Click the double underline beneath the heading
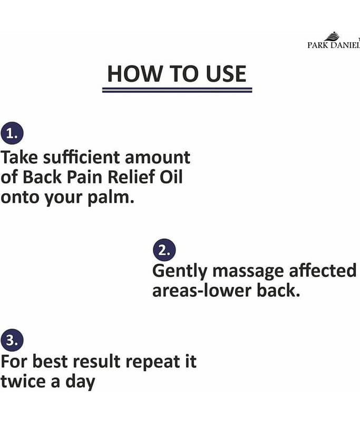tap(177, 90)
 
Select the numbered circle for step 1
tap(12, 133)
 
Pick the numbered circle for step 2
tap(164, 250)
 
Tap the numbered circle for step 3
tap(12, 340)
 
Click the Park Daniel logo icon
tap(332, 36)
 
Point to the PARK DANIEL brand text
tap(334, 45)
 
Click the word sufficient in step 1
tap(82, 157)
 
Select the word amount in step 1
tap(158, 158)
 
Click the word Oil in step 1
tap(171, 177)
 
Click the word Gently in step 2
tap(180, 272)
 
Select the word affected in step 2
tap(323, 271)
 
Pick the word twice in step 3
tap(23, 381)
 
